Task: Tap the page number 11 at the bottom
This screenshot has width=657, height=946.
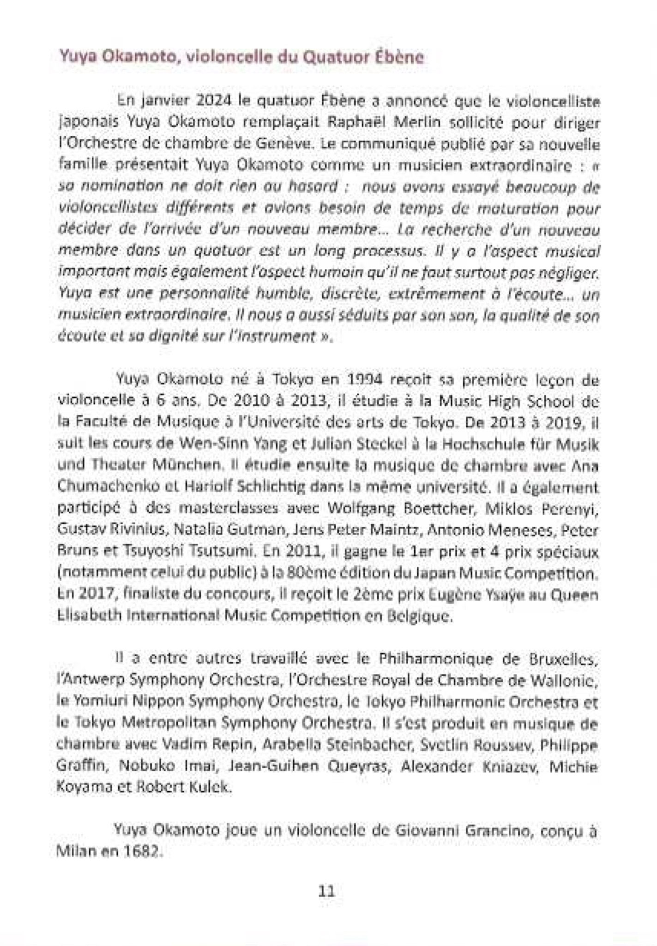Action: click(x=326, y=891)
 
